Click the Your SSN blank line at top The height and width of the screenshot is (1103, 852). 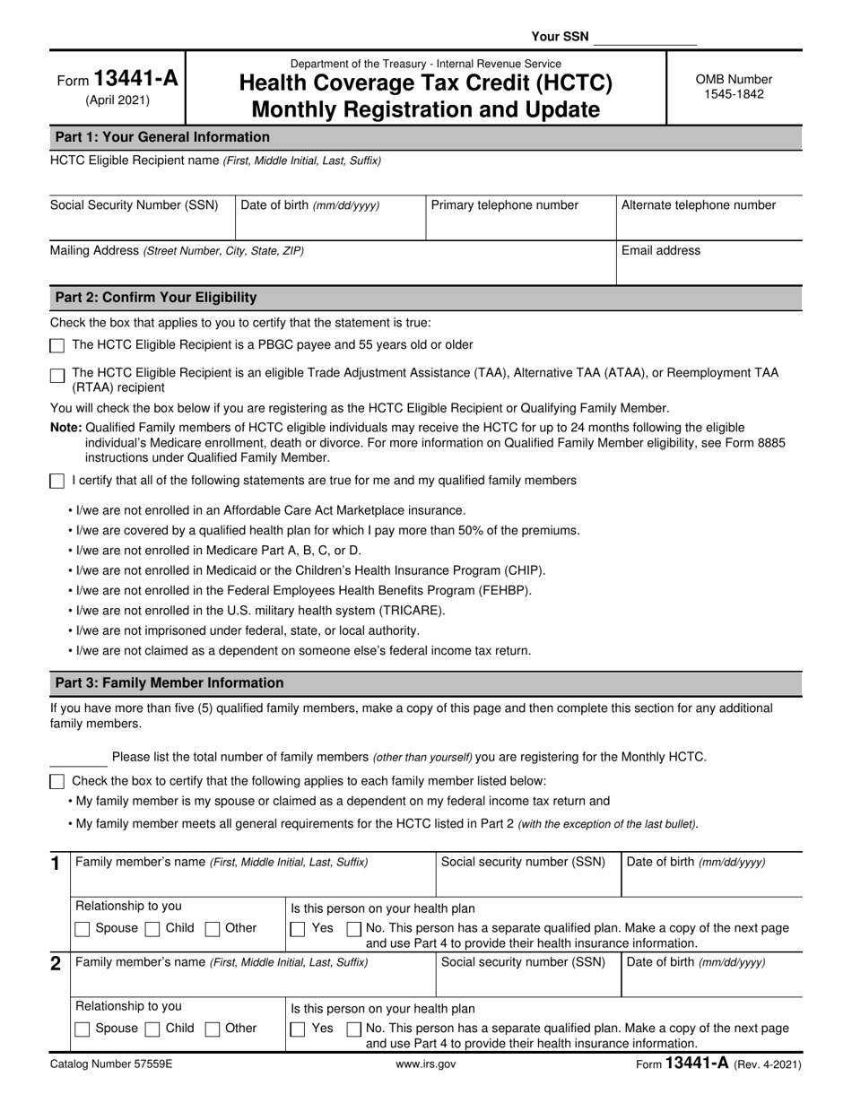coord(645,38)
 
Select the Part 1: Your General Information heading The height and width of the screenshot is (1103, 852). coord(162,137)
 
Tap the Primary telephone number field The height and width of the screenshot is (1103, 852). coord(519,218)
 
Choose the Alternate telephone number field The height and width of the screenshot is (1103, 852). coord(709,218)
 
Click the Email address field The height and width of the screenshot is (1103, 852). coord(709,264)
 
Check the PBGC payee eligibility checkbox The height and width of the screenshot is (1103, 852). coord(57,346)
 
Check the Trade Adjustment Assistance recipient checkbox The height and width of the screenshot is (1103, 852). coord(57,376)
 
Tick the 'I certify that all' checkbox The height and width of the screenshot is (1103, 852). coord(57,482)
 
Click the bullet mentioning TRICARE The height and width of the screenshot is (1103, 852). coord(256,611)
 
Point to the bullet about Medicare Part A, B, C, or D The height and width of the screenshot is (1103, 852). coord(215,551)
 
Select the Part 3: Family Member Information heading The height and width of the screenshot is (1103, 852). coord(170,683)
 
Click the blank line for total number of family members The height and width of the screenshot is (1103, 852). coord(78,758)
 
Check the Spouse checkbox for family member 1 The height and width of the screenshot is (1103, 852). coord(83,929)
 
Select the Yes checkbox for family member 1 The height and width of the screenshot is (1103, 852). coord(298,929)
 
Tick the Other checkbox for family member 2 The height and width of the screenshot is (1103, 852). coord(213,1029)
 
